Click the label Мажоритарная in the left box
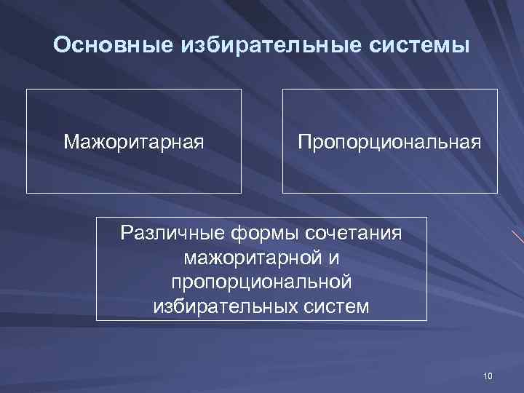(x=133, y=140)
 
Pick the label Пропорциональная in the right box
(x=389, y=140)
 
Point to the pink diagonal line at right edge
(x=517, y=237)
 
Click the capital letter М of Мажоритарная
(x=71, y=140)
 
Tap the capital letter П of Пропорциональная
(x=304, y=140)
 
